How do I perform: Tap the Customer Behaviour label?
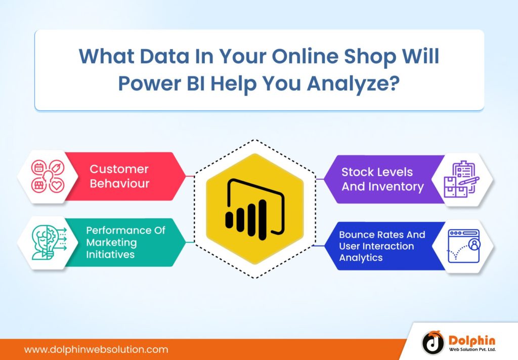tap(119, 176)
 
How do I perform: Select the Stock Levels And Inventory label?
tap(382, 179)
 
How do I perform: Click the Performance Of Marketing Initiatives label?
tap(125, 242)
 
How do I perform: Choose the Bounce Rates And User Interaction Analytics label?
tap(382, 246)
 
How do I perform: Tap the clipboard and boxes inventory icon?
tap(461, 180)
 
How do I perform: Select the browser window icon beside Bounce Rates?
tap(463, 246)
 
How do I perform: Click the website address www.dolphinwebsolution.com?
tap(96, 349)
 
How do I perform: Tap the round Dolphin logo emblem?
tap(433, 343)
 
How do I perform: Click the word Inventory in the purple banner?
tap(397, 186)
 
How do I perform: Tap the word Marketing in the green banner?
tap(111, 243)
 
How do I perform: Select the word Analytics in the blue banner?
tap(361, 257)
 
